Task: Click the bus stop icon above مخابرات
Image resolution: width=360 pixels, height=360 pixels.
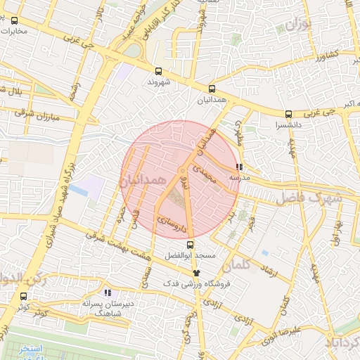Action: (x=15, y=20)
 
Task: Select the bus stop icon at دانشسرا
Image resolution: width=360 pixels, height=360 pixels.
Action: (x=288, y=114)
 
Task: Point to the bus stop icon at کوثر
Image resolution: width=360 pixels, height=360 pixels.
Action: (x=24, y=296)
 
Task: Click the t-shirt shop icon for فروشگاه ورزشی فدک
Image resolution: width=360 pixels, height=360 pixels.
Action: (x=196, y=273)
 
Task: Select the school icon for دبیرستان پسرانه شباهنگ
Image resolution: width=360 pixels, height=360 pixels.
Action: (x=108, y=292)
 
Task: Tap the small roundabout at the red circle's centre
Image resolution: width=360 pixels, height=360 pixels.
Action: (x=182, y=170)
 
